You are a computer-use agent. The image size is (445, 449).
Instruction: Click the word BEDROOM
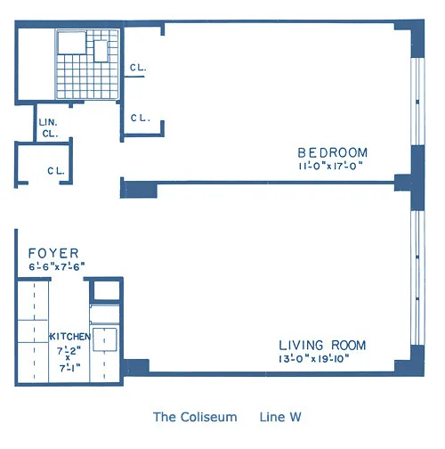pos(332,151)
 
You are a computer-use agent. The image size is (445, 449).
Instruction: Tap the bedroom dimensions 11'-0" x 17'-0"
pos(331,166)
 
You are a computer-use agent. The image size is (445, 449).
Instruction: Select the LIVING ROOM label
pos(321,346)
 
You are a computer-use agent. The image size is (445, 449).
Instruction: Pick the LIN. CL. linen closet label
pos(47,128)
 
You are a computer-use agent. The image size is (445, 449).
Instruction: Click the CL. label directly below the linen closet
pos(55,171)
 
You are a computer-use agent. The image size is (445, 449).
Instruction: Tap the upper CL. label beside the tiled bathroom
pos(138,68)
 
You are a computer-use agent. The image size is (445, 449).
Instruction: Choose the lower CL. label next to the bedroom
pos(139,118)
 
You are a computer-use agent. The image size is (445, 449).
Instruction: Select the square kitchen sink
pos(107,339)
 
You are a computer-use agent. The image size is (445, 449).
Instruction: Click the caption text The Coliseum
pos(194,416)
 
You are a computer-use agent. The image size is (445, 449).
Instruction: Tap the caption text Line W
pos(283,416)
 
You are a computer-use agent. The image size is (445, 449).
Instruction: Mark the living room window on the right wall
pos(418,276)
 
